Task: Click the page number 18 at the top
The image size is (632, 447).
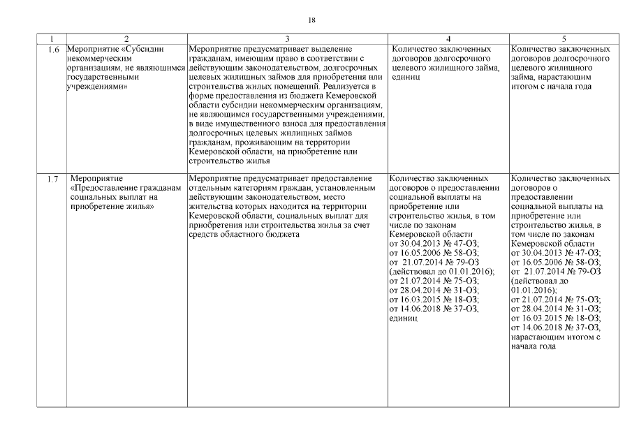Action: [312, 20]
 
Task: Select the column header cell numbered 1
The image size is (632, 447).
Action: [51, 38]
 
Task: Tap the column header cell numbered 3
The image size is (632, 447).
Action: [288, 38]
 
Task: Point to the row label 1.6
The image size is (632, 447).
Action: [51, 50]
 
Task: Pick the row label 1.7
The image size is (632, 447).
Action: [51, 179]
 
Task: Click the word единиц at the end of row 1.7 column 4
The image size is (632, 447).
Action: [402, 317]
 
